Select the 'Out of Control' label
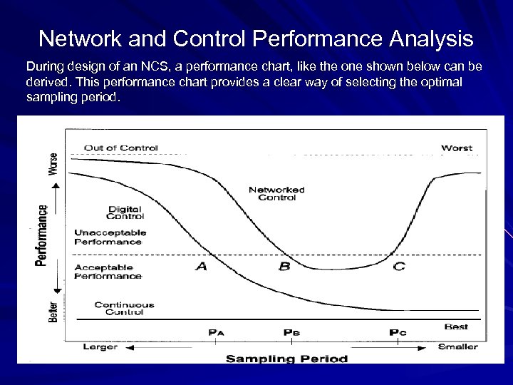(x=120, y=148)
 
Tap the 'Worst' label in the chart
(x=457, y=148)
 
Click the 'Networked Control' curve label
(x=276, y=193)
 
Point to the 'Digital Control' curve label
(x=125, y=212)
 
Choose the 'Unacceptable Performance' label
(x=110, y=237)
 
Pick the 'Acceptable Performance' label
(x=108, y=271)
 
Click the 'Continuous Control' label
(x=125, y=308)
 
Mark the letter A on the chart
(x=201, y=266)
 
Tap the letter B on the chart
(x=284, y=266)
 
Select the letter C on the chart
(x=399, y=266)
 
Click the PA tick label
(x=217, y=332)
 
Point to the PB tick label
(x=291, y=332)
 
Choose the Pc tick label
(x=398, y=332)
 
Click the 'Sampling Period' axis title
(x=286, y=358)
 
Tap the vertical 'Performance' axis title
(x=42, y=236)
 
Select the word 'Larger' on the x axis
(x=100, y=347)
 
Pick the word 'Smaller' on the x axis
(x=457, y=347)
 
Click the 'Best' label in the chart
(x=456, y=327)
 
